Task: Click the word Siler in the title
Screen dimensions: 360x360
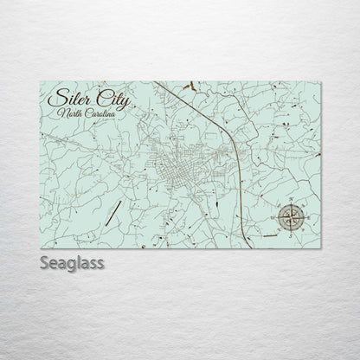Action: [x=72, y=97]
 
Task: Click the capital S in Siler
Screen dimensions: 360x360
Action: [x=58, y=97]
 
